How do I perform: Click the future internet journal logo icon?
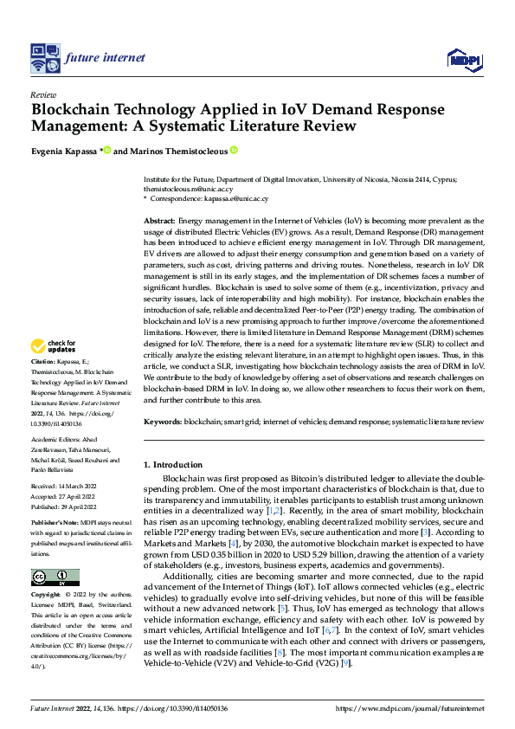[44, 58]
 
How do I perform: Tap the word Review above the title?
[43, 95]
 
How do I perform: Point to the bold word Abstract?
[159, 222]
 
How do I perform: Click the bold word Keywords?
[162, 421]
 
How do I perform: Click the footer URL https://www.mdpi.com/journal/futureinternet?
[412, 707]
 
